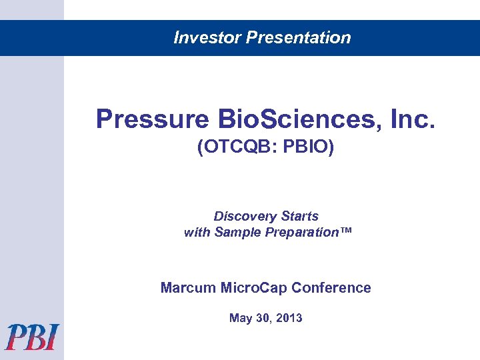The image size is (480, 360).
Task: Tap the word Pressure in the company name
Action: click(152, 120)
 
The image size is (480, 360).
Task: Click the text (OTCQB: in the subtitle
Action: click(237, 147)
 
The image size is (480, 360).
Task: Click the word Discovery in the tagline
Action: click(245, 217)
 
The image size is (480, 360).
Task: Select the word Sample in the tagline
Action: click(237, 233)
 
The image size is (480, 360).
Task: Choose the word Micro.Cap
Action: click(253, 288)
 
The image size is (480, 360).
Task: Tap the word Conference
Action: click(331, 288)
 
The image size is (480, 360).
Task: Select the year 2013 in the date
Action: click(289, 318)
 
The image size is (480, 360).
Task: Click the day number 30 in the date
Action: click(262, 318)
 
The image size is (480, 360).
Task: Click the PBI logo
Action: click(32, 337)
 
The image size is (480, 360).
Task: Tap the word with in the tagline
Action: click(197, 233)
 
